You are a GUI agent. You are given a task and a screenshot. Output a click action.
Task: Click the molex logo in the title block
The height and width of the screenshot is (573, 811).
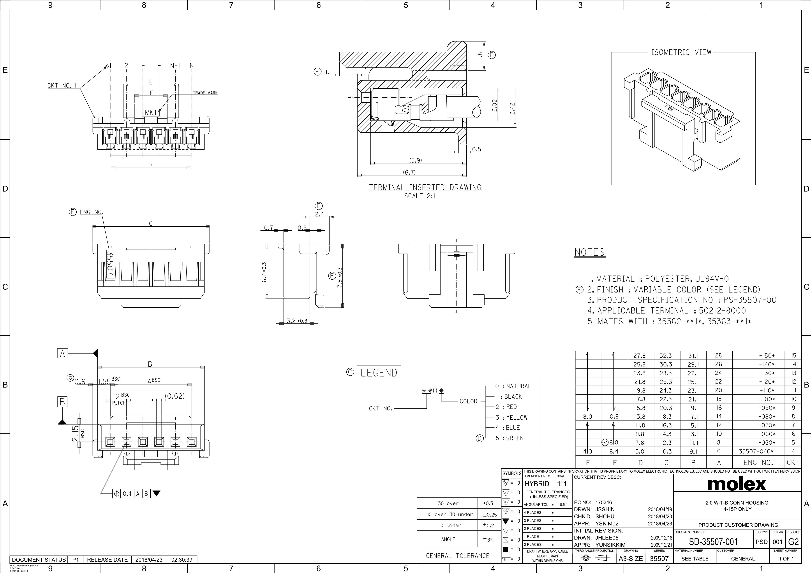(x=737, y=484)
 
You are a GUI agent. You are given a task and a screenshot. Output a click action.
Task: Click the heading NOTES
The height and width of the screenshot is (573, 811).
(x=589, y=252)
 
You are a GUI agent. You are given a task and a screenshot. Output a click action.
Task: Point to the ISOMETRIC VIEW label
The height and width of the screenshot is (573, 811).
(x=681, y=52)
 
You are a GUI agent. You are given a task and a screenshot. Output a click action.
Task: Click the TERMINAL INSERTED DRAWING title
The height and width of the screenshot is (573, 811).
(x=425, y=187)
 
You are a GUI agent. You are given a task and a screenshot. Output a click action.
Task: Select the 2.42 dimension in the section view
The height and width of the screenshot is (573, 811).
(x=512, y=108)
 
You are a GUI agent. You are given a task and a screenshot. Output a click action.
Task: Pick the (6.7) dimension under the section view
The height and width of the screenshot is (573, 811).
(x=409, y=172)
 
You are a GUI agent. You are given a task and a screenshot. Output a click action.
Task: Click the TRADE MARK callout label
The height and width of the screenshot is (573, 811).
(x=205, y=93)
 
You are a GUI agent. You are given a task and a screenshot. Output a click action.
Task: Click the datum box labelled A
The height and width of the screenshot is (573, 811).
(x=63, y=353)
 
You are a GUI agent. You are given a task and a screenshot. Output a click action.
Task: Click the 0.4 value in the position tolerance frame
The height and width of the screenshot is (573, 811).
(x=127, y=494)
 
